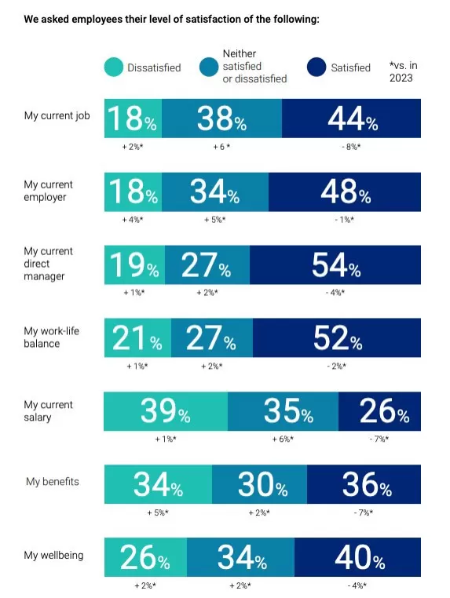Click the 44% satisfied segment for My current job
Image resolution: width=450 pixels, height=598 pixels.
pyautogui.click(x=351, y=119)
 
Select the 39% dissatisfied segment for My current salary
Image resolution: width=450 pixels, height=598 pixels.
pyautogui.click(x=166, y=411)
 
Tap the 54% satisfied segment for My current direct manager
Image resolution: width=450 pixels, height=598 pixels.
pyautogui.click(x=335, y=264)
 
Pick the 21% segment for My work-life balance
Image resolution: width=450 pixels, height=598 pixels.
pyautogui.click(x=137, y=337)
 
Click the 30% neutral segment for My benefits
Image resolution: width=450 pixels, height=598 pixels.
pyautogui.click(x=259, y=484)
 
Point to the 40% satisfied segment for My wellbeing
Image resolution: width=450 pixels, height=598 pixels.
pyautogui.click(x=357, y=557)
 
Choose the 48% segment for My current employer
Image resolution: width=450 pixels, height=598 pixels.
pyautogui.click(x=345, y=191)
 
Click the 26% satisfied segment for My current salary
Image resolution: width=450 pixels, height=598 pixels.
pyautogui.click(x=380, y=411)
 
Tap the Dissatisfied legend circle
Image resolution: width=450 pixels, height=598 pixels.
pyautogui.click(x=114, y=67)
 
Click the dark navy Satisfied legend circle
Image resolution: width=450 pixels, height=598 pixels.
pyautogui.click(x=316, y=67)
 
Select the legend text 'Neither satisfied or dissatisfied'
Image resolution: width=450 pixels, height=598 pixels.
pyautogui.click(x=254, y=66)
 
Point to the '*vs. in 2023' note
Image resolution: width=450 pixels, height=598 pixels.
pyautogui.click(x=403, y=71)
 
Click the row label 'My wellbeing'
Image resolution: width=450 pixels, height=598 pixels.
pyautogui.click(x=53, y=555)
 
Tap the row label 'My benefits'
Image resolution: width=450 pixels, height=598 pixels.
pyautogui.click(x=53, y=481)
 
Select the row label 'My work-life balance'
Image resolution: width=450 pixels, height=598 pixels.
pyautogui.click(x=52, y=337)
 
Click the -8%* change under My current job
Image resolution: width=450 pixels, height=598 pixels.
pyautogui.click(x=351, y=147)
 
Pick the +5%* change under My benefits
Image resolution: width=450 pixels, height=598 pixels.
pyautogui.click(x=158, y=512)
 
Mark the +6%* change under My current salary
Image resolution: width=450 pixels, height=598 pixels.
pyautogui.click(x=283, y=439)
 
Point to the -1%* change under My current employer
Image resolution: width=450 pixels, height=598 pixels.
pyautogui.click(x=344, y=220)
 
